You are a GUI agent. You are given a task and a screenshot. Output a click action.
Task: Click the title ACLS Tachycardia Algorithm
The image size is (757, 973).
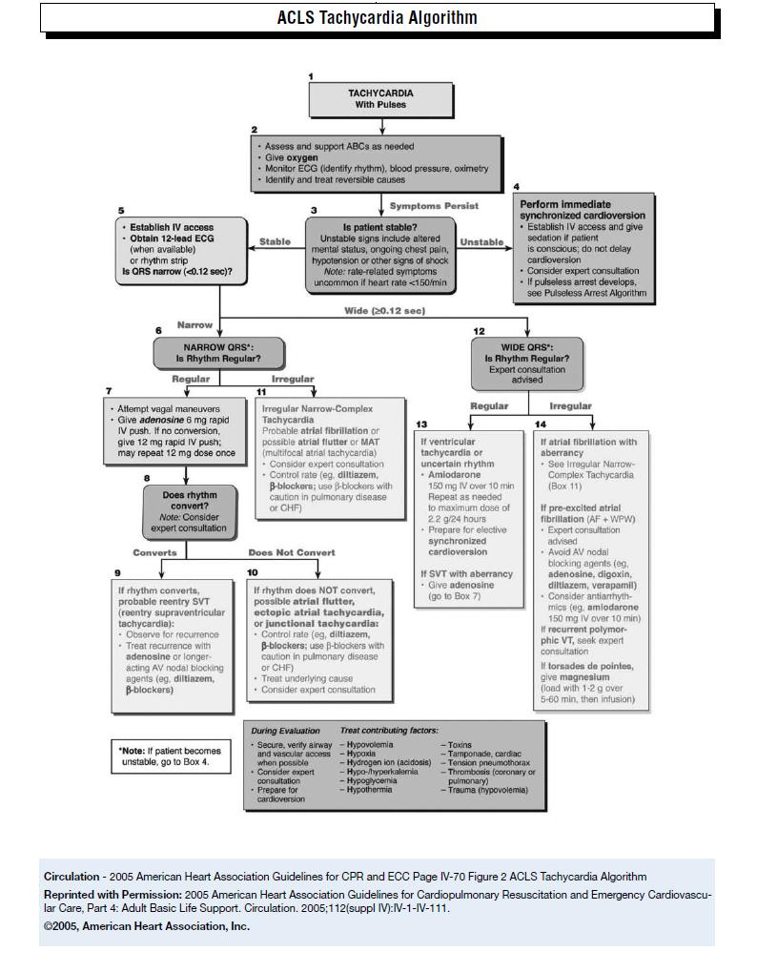point(378,18)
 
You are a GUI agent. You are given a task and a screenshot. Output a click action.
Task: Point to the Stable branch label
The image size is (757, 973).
point(275,242)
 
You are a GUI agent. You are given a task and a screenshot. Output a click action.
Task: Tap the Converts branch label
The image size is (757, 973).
point(154,552)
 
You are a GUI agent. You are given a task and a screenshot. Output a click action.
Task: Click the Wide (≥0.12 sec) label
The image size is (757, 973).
point(384,311)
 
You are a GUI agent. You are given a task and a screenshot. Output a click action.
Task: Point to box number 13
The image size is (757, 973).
point(419,424)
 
